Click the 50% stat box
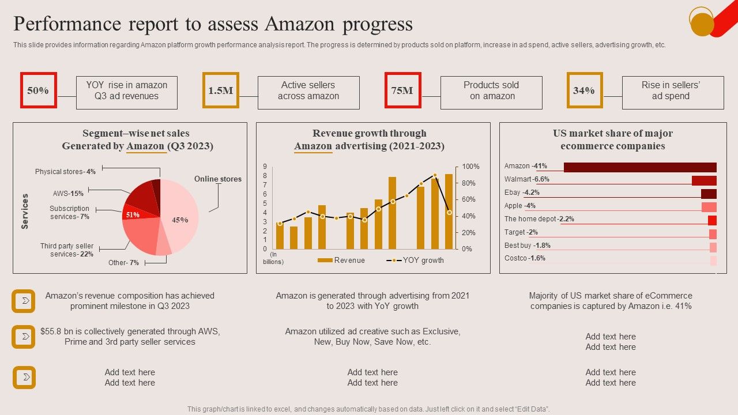[x=39, y=90]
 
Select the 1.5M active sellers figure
[x=220, y=90]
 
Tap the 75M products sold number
[x=402, y=90]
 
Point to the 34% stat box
[x=584, y=90]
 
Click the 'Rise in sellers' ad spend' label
[x=672, y=91]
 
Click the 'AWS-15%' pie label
[x=68, y=194]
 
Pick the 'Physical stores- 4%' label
[x=65, y=172]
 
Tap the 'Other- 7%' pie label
[x=123, y=263]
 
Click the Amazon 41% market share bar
[x=640, y=167]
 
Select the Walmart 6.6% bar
[x=704, y=180]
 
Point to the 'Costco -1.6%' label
[x=525, y=258]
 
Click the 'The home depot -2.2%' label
[x=539, y=219]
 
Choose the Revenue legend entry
[x=341, y=261]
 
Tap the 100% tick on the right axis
[x=470, y=167]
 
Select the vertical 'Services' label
[x=25, y=212]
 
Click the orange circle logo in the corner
[x=702, y=23]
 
